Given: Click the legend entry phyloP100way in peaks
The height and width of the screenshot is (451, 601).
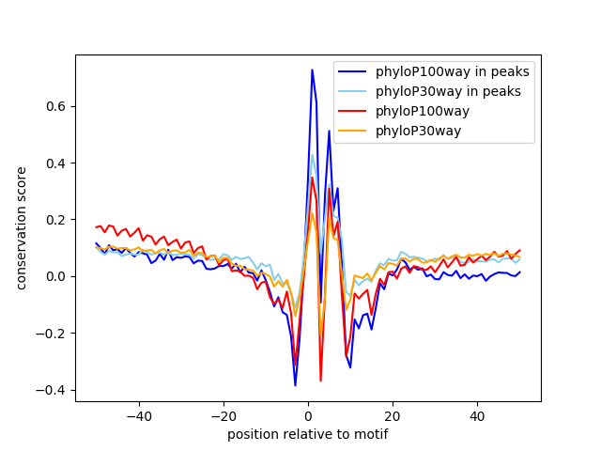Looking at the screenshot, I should (x=452, y=71).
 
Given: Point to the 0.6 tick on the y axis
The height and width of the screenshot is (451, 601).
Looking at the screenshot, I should (x=56, y=106).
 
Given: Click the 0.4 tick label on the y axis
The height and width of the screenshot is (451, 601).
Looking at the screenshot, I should (x=56, y=163).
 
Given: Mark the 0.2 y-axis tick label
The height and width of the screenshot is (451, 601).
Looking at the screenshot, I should (x=56, y=220).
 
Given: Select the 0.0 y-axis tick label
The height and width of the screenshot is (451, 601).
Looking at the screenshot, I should (x=56, y=276).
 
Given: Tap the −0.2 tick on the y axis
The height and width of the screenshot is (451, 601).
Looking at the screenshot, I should (x=53, y=334).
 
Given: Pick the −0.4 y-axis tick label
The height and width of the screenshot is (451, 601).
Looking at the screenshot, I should (x=53, y=390).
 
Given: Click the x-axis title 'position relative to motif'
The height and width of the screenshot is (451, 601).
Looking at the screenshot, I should (x=308, y=434).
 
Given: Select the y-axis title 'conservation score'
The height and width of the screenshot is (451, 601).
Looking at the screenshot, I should (x=21, y=228).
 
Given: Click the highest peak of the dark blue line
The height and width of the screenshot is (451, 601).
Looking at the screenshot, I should (x=313, y=70).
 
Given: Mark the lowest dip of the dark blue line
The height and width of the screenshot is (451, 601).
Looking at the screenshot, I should (x=295, y=385).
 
